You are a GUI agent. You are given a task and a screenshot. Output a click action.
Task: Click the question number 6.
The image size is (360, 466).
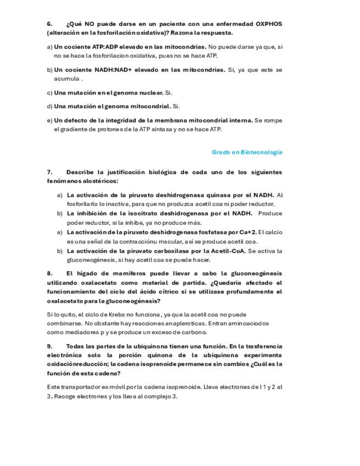tap(49, 24)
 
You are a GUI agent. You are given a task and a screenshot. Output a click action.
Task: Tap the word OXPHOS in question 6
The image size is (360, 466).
tap(269, 24)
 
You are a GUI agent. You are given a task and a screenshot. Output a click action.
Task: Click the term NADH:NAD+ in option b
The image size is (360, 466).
tap(123, 70)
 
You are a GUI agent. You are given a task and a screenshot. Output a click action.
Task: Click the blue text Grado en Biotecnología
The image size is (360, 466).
tap(247, 152)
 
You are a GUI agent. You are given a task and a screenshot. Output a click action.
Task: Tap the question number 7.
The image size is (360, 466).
tap(49, 172)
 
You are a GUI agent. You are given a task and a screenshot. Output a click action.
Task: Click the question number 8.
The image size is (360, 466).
tap(49, 273)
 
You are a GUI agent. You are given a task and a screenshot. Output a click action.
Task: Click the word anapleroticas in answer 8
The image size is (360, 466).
tap(180, 323)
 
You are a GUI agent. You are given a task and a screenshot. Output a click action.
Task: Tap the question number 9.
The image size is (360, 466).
tap(49, 346)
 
